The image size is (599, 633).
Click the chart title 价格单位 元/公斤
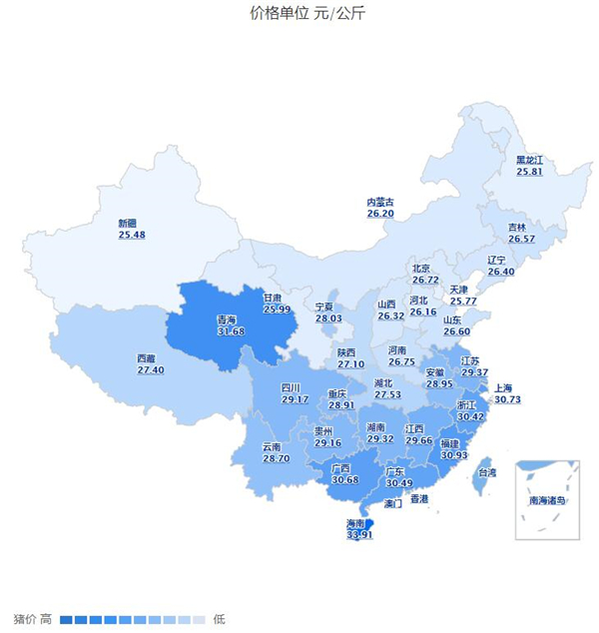[x=299, y=13]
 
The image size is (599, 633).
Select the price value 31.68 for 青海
[x=231, y=331]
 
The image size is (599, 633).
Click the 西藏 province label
[x=146, y=358]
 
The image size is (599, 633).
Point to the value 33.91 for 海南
[x=359, y=535]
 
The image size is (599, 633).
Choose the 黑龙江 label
[x=529, y=160]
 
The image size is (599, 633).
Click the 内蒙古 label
[x=380, y=202]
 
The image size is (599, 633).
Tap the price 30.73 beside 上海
[x=507, y=399]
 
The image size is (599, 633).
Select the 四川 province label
[x=291, y=387]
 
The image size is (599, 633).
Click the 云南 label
[x=273, y=446]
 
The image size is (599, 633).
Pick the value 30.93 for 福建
[x=454, y=454]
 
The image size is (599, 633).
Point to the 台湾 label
[x=484, y=472]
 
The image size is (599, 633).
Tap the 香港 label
[x=418, y=498]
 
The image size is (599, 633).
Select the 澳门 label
[x=392, y=504]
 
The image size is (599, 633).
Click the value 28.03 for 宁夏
[x=328, y=318]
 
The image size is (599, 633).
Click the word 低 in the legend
[x=219, y=619]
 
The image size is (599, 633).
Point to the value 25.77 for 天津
[x=463, y=301]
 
